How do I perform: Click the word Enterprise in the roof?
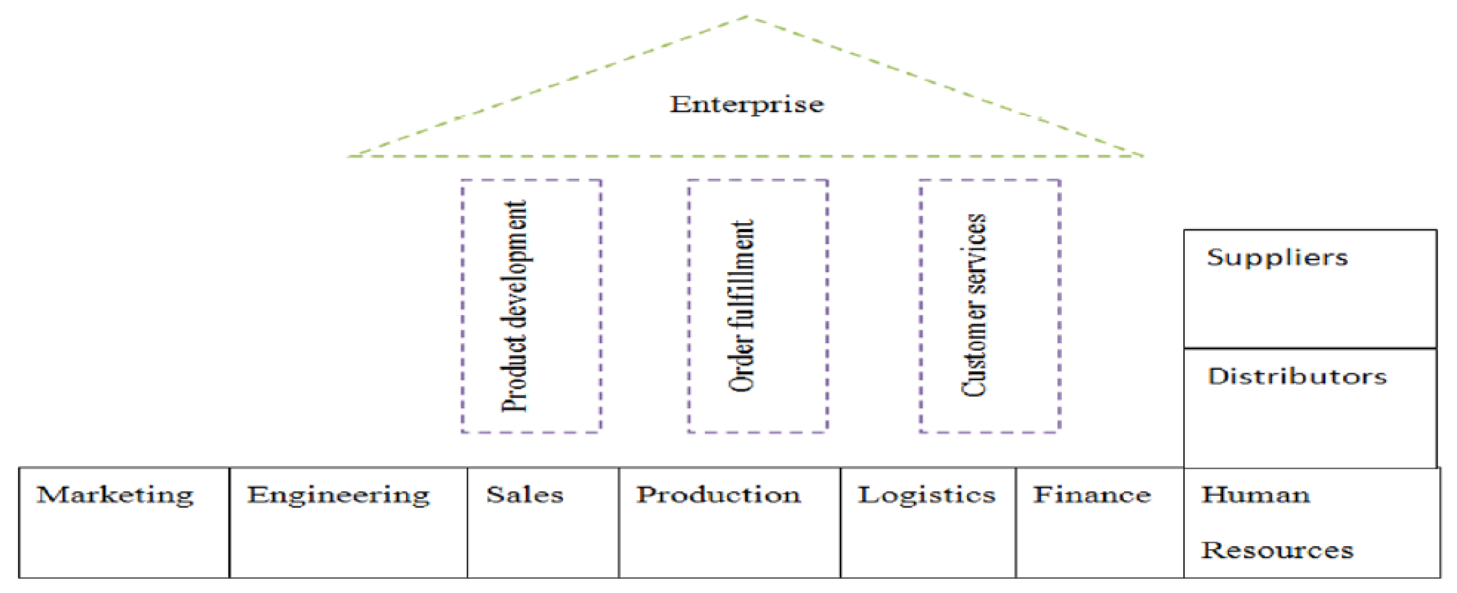[x=746, y=104]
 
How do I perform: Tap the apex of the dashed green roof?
[x=748, y=16]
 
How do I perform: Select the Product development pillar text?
[x=514, y=306]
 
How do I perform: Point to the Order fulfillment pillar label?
[x=741, y=306]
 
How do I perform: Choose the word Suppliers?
[x=1277, y=258]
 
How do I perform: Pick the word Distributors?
[x=1297, y=376]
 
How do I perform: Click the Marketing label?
[x=115, y=495]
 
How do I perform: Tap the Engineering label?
[x=338, y=495]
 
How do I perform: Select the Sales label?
[x=525, y=495]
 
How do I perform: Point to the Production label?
[x=719, y=495]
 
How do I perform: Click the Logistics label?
[x=927, y=495]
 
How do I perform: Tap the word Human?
[x=1256, y=495]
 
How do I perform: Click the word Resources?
[x=1277, y=550]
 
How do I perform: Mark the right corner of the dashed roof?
[x=1142, y=156]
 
